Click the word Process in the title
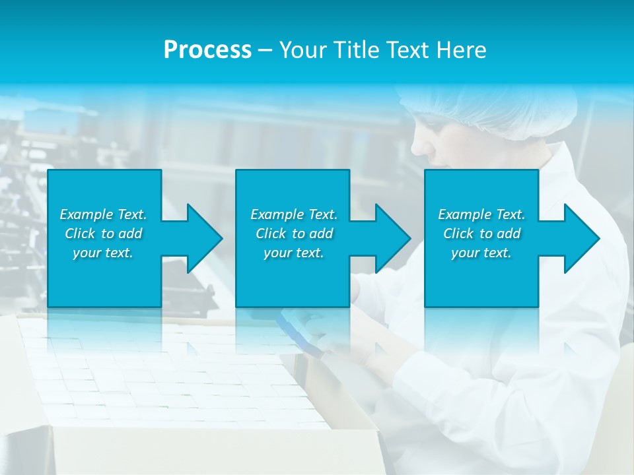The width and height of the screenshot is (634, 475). click(x=207, y=50)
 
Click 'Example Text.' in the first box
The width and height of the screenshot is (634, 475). click(x=103, y=214)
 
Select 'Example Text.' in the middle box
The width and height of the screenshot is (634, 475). click(x=294, y=214)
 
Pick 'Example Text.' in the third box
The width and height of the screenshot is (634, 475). click(x=481, y=214)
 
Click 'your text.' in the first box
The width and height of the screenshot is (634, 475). click(x=103, y=253)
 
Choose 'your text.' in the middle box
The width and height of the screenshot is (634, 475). click(x=294, y=253)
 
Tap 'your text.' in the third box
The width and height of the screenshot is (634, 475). click(x=481, y=253)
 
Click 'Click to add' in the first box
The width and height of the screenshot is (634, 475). click(x=103, y=234)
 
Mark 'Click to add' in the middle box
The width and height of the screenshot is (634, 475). click(x=294, y=234)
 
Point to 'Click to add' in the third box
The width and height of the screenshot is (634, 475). click(x=481, y=234)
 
